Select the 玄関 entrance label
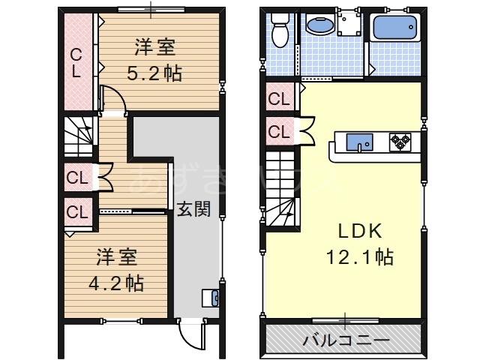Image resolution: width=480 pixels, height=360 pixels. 193,210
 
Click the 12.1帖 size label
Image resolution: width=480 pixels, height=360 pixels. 359,257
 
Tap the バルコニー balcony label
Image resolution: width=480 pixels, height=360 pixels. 346,340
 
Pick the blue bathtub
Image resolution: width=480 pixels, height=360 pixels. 396,29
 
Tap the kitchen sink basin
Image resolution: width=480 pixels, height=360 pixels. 357,142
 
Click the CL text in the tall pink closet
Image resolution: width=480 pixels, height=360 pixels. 76,63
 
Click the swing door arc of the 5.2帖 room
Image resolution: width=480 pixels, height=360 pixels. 111,97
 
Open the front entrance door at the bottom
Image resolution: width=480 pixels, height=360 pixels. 192,334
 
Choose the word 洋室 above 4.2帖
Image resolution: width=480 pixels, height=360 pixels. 116,258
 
